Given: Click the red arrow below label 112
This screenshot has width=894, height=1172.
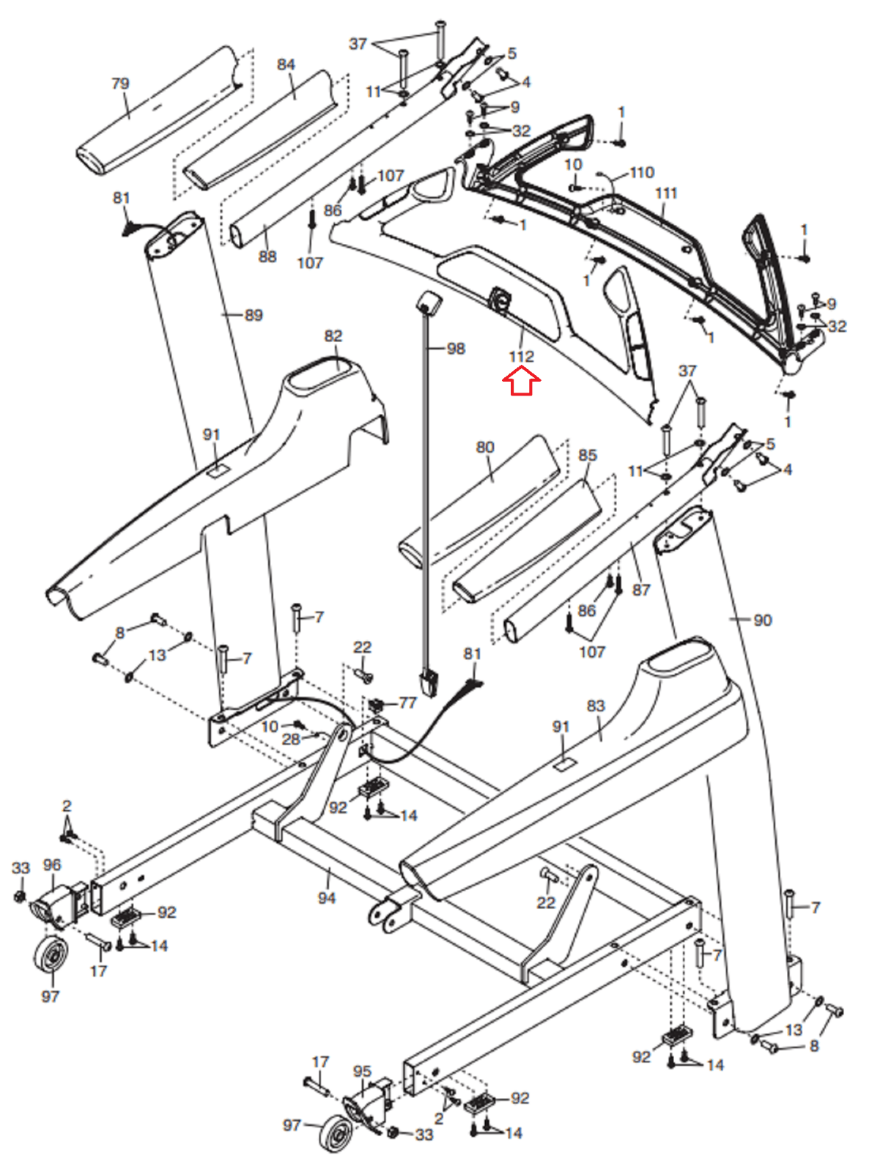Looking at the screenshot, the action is coord(521,383).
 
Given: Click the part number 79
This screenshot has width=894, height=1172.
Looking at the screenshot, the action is coord(120,84).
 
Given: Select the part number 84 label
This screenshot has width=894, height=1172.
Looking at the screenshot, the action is coord(286,64).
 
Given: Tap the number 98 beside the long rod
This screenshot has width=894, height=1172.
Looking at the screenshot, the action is coord(456,349).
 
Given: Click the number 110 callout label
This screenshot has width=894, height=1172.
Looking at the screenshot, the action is coord(641,172).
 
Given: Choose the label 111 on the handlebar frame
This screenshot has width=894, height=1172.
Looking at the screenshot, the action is coord(666,193).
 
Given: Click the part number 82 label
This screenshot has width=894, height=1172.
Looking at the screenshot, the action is coord(333,335).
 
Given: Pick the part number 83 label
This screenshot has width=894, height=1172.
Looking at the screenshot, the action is coord(596,706).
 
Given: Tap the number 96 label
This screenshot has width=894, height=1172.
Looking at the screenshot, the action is coord(52,865).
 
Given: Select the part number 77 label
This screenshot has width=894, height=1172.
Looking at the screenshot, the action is coord(407,702).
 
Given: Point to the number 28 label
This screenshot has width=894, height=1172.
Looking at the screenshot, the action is coord(291,739).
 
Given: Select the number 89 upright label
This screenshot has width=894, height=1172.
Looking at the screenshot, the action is coord(254,315).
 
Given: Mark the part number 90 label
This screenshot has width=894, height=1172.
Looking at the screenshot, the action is coord(763,620).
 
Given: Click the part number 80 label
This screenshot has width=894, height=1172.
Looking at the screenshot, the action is coord(485,448).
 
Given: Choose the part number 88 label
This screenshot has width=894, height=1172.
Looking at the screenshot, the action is coord(267,256).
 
